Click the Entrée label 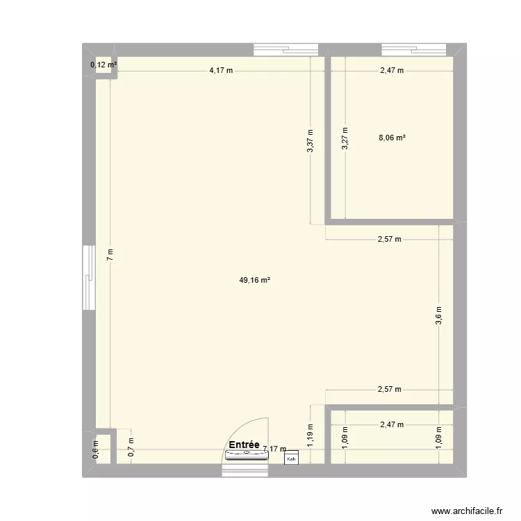tap(243, 445)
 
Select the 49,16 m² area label tap(254, 281)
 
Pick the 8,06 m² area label tap(392, 138)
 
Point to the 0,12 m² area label tap(103, 65)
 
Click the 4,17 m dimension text tap(221, 71)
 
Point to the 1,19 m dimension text tap(311, 434)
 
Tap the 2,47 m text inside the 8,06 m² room tap(391, 71)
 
